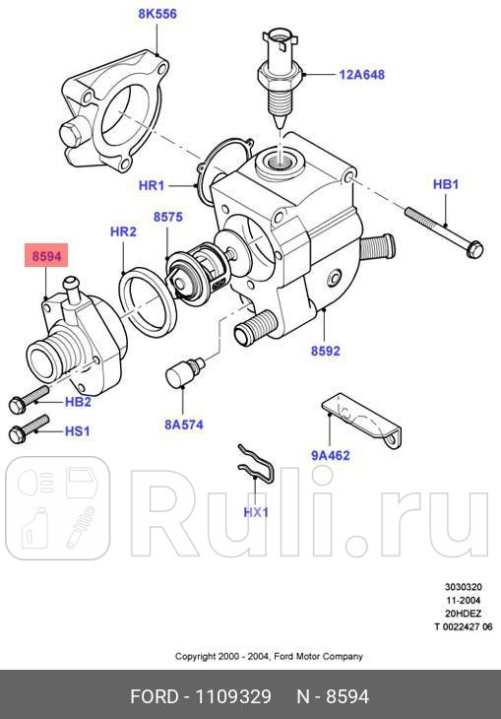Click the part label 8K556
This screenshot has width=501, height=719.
pyautogui.click(x=158, y=16)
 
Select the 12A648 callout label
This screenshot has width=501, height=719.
pyautogui.click(x=362, y=74)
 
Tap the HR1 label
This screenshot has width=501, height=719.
pyautogui.click(x=152, y=184)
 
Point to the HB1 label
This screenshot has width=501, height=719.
pyautogui.click(x=446, y=184)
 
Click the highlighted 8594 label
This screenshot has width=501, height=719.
pyautogui.click(x=46, y=256)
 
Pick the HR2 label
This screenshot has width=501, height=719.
pyautogui.click(x=123, y=232)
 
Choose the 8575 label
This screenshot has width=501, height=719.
pyautogui.click(x=167, y=216)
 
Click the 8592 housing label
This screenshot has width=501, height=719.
pyautogui.click(x=326, y=350)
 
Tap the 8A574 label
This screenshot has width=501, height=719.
pyautogui.click(x=184, y=425)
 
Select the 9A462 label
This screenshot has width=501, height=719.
pyautogui.click(x=331, y=455)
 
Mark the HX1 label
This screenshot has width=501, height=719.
pyautogui.click(x=256, y=512)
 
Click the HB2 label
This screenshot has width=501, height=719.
pyautogui.click(x=78, y=402)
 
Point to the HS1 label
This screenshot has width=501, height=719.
pyautogui.click(x=77, y=431)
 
